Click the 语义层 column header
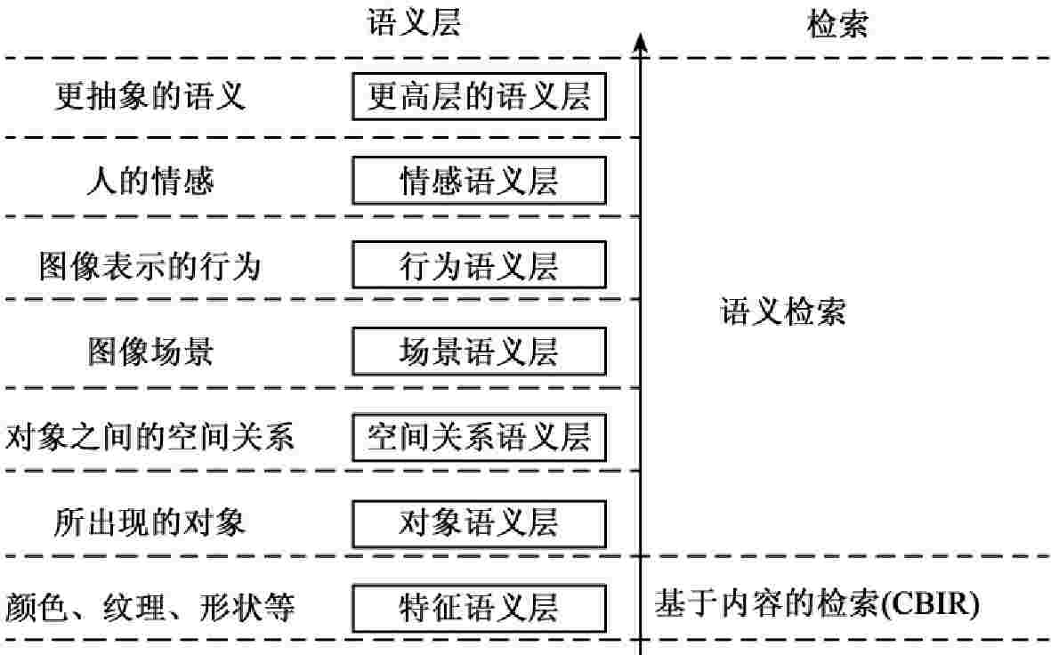(x=415, y=23)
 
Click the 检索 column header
(x=837, y=24)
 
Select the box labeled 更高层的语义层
(x=479, y=97)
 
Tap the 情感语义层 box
(x=479, y=182)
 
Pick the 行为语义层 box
(x=479, y=265)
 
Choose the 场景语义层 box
(x=479, y=352)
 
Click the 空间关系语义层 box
(x=479, y=437)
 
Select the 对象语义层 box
(x=479, y=523)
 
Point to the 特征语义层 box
(x=479, y=608)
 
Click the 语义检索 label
(x=782, y=312)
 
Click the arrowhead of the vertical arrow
(x=641, y=41)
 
